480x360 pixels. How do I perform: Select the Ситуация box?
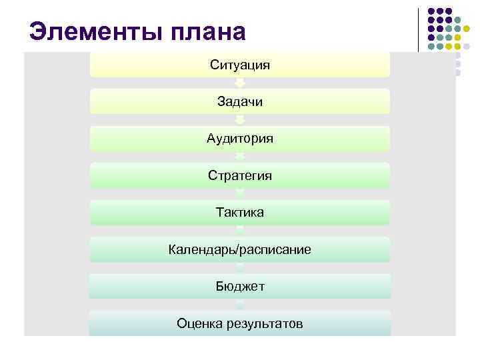tap(240, 65)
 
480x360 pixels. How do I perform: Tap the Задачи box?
tap(240, 101)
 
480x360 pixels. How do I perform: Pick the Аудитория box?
tap(240, 139)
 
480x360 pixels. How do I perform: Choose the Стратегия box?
tap(240, 175)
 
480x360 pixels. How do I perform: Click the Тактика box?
tap(240, 212)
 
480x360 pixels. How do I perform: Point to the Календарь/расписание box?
tap(240, 249)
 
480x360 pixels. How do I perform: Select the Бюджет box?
tap(240, 286)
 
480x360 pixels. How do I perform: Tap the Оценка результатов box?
tap(240, 323)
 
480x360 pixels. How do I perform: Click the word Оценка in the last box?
tap(199, 323)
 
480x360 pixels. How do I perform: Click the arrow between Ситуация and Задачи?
tap(240, 83)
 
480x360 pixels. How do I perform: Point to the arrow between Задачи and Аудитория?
tap(240, 120)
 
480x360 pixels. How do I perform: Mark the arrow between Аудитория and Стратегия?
tap(240, 157)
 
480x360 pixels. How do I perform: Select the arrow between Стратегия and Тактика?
tap(240, 194)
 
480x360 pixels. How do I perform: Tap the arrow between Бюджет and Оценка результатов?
tap(240, 305)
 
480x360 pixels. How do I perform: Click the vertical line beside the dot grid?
tap(418, 29)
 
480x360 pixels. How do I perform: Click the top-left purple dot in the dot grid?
tap(431, 11)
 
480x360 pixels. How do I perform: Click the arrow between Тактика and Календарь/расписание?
tap(240, 231)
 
